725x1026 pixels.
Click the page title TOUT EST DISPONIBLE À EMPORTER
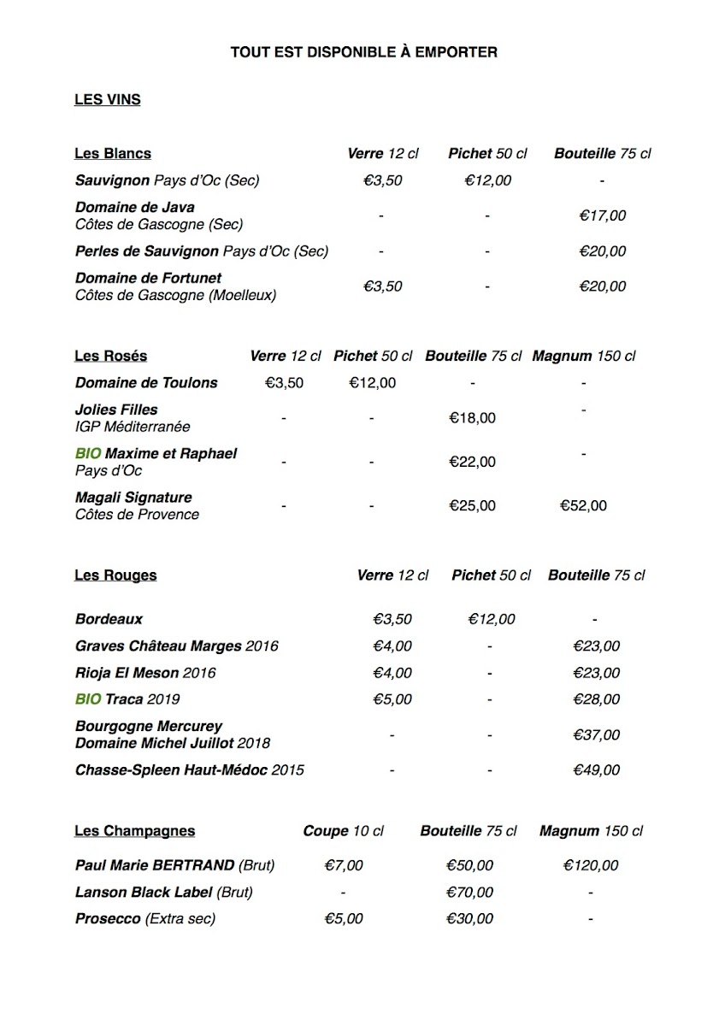tap(363, 53)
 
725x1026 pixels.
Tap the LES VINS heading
tap(108, 100)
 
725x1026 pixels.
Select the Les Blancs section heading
tap(113, 154)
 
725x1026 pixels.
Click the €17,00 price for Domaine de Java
tap(603, 216)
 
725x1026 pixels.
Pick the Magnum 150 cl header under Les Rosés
tap(584, 357)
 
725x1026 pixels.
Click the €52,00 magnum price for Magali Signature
tap(583, 506)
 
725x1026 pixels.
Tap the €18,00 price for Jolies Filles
tap(472, 418)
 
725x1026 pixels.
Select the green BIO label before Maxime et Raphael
tap(88, 454)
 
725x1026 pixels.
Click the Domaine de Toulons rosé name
tap(146, 383)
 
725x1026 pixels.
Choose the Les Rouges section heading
tap(115, 575)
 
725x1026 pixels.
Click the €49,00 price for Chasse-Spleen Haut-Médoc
tap(597, 770)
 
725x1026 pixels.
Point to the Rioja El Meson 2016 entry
tap(145, 673)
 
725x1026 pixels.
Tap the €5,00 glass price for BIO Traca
tap(392, 699)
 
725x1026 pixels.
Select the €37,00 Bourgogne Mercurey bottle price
tap(597, 735)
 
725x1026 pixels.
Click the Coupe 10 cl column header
tap(344, 831)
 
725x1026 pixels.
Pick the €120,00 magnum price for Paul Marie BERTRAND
tap(591, 866)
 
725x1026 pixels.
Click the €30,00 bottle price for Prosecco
tap(470, 919)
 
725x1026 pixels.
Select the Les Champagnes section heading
tap(134, 831)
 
